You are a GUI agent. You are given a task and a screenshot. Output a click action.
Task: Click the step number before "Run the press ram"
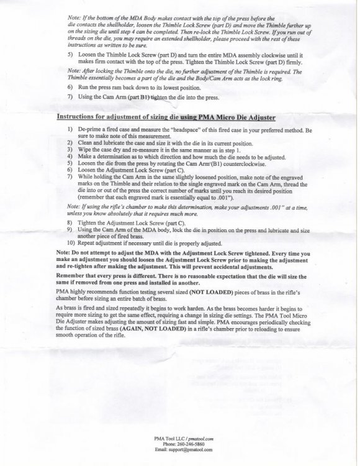pyautogui.click(x=69, y=88)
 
